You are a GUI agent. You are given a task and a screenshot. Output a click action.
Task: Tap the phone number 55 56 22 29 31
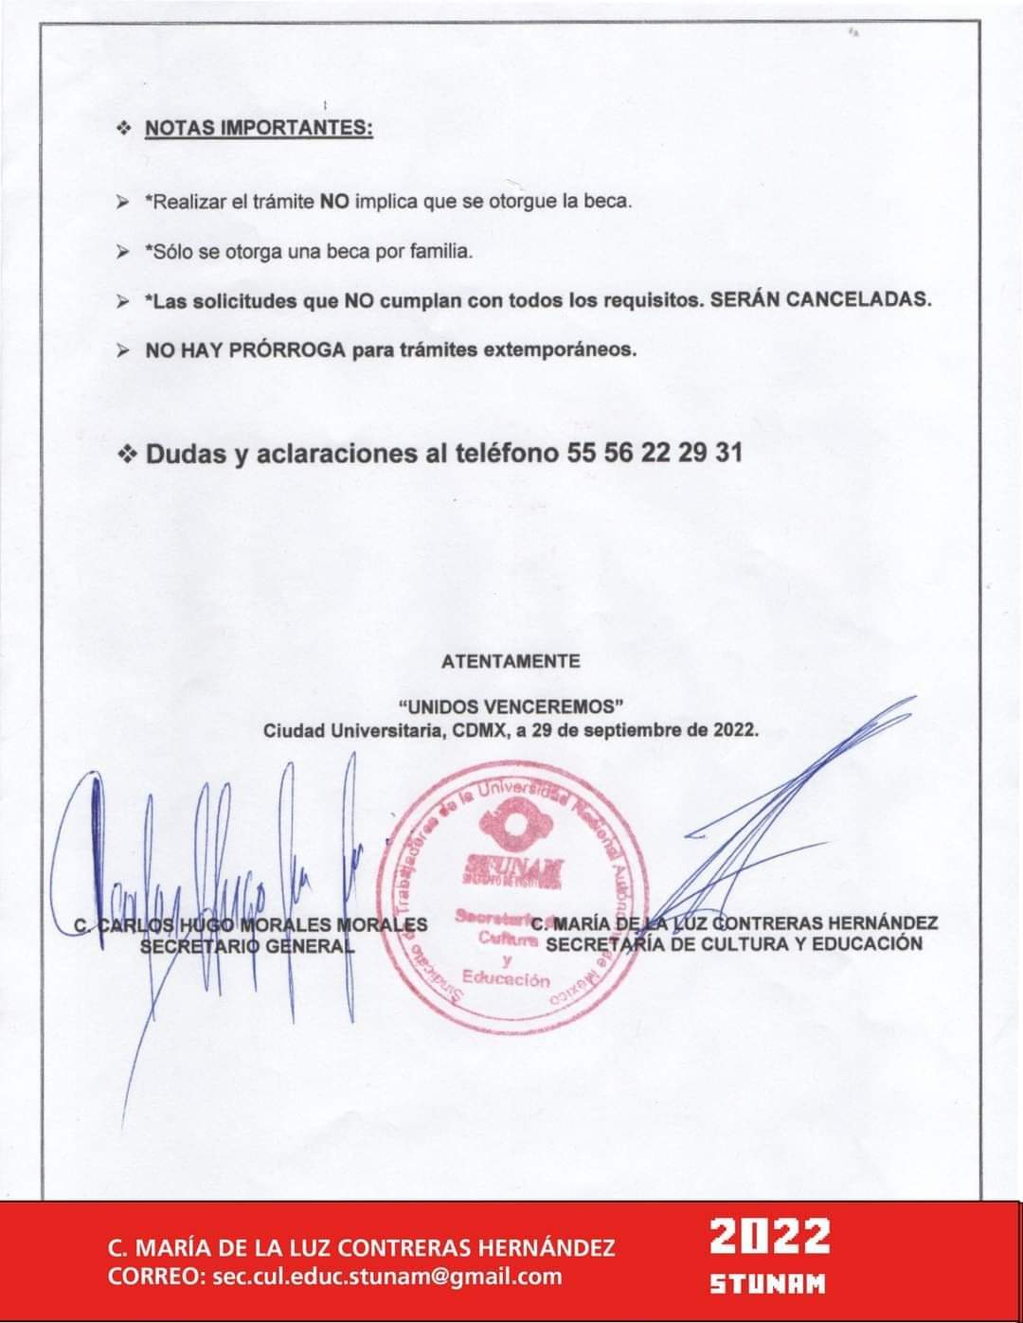click(655, 453)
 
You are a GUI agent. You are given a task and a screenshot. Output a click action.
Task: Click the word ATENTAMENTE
click(511, 661)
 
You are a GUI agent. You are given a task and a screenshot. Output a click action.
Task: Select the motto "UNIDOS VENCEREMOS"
click(511, 706)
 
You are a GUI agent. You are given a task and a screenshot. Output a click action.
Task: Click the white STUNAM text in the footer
click(768, 1284)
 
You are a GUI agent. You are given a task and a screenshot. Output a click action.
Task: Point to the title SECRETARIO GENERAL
click(247, 944)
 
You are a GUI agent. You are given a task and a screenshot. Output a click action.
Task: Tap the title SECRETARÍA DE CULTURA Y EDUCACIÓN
click(734, 943)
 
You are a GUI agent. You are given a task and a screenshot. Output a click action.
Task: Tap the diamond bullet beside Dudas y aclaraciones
click(127, 454)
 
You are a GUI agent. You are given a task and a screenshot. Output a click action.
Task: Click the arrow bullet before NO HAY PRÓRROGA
click(123, 349)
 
